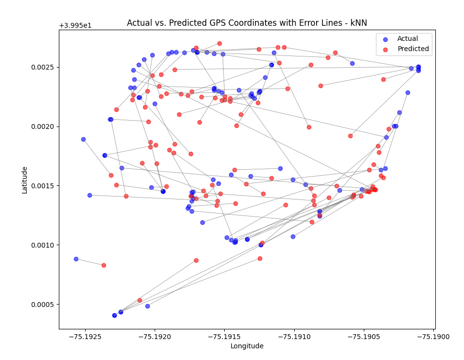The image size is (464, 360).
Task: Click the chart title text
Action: (x=247, y=23)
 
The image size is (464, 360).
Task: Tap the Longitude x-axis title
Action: (x=247, y=346)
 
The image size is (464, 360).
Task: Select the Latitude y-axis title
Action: (x=24, y=180)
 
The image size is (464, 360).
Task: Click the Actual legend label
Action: (x=408, y=39)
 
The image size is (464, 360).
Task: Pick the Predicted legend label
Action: (x=413, y=49)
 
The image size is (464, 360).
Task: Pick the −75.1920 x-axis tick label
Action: (x=155, y=337)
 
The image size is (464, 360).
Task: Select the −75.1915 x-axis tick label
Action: (x=224, y=337)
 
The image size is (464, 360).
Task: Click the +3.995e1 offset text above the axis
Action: (x=75, y=25)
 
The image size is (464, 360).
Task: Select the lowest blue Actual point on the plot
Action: (x=114, y=315)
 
